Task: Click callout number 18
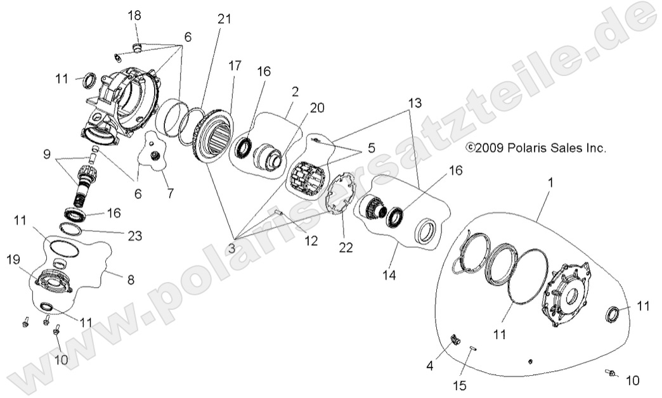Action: (x=134, y=15)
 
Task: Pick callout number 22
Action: (x=345, y=248)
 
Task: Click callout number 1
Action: (x=550, y=182)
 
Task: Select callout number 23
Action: (x=134, y=236)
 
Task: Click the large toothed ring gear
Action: (x=214, y=136)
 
